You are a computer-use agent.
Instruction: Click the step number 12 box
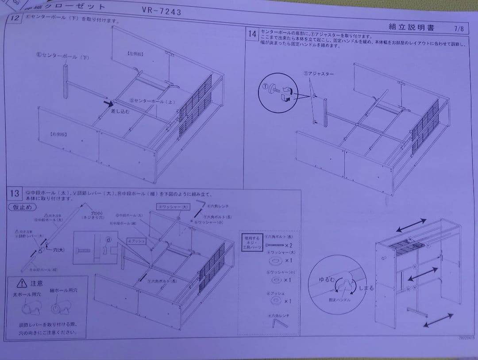click(x=14, y=19)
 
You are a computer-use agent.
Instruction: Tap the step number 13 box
click(x=14, y=193)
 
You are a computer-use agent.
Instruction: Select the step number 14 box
click(x=252, y=34)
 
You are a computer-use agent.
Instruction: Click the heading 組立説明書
click(x=411, y=27)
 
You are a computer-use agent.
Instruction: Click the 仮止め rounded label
click(x=22, y=207)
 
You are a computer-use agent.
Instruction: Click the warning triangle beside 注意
click(x=20, y=283)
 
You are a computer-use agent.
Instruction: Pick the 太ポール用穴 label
click(x=24, y=295)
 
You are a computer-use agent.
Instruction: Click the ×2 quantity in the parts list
click(x=288, y=245)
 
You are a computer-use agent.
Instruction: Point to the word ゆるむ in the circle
click(x=327, y=280)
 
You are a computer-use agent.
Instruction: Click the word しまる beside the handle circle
click(x=366, y=288)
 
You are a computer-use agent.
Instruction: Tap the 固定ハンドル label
click(x=340, y=300)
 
